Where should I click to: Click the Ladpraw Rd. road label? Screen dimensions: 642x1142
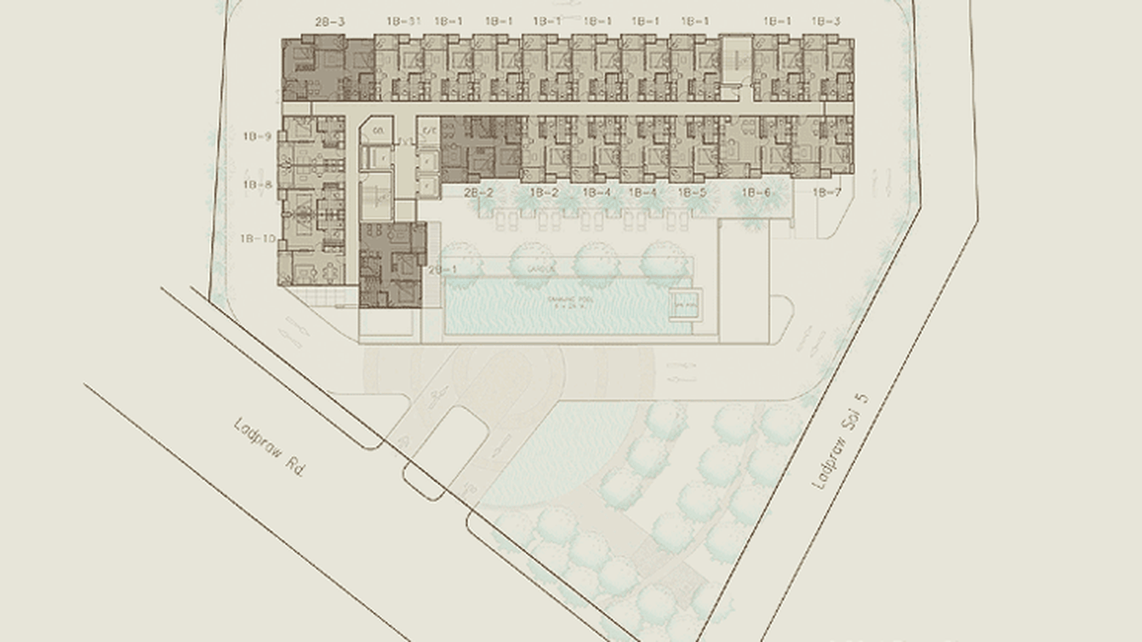click(x=269, y=446)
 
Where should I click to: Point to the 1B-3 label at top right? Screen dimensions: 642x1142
click(x=825, y=21)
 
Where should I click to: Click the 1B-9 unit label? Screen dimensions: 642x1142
click(x=256, y=136)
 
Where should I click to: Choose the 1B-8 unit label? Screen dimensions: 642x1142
click(x=256, y=184)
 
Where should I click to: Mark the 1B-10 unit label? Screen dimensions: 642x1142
click(x=259, y=238)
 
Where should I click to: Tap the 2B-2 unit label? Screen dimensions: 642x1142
click(x=478, y=193)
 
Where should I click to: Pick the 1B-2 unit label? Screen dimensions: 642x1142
click(x=545, y=193)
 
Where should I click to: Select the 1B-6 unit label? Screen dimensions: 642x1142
click(x=756, y=193)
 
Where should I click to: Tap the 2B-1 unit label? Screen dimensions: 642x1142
click(x=443, y=270)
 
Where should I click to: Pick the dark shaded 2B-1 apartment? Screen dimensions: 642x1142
click(x=391, y=265)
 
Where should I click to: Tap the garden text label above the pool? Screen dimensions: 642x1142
click(x=541, y=269)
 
